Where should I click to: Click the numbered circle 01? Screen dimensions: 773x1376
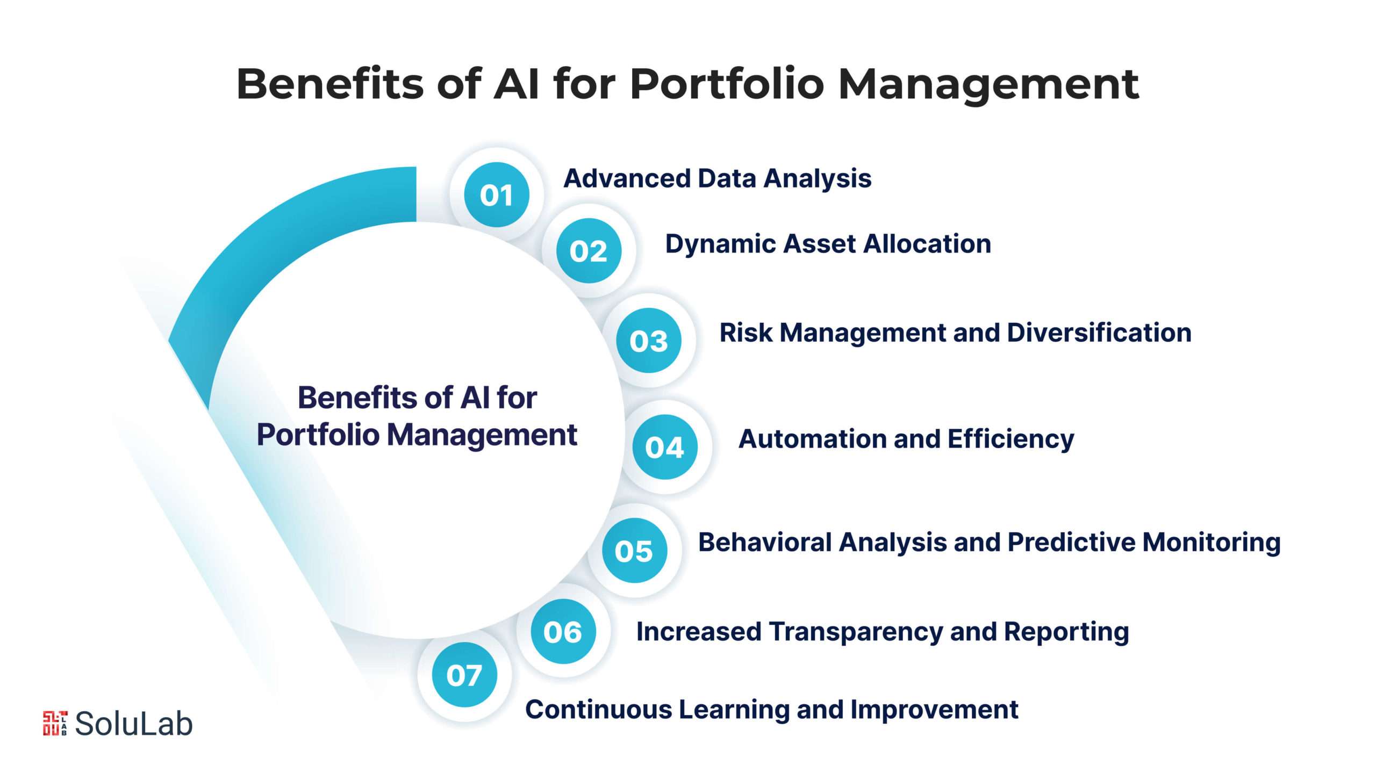coord(496,194)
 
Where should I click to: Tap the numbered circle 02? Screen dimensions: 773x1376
coord(589,251)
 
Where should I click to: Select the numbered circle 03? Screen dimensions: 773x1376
coord(649,341)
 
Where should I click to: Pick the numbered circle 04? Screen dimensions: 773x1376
coord(664,447)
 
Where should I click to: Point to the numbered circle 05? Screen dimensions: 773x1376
coord(634,551)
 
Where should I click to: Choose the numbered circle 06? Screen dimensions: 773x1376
coord(563,632)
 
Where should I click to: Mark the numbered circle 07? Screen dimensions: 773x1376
coord(464,675)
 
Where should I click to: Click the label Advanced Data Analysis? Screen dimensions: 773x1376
coord(717,178)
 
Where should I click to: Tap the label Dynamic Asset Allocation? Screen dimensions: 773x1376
coord(828,244)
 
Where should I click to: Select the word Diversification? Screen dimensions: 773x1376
coord(1099,333)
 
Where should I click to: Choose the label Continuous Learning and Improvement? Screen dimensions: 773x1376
coord(771,710)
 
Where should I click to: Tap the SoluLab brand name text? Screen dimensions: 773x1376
coord(133,724)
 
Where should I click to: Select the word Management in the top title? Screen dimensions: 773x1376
coord(988,85)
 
